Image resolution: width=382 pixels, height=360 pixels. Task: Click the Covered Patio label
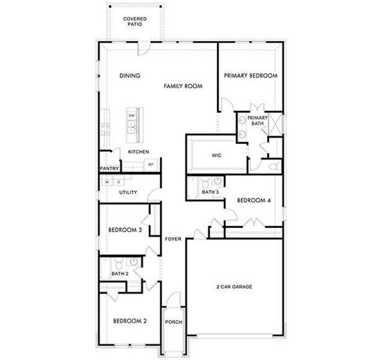pos(135,22)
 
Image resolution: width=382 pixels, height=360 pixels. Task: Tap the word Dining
pos(130,76)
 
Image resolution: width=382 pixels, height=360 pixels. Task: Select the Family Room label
pos(183,86)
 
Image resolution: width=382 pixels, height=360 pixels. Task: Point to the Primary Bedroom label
pos(250,76)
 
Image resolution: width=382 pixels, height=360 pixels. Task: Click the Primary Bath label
pos(258,121)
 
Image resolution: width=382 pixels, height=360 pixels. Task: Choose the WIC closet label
pos(217,155)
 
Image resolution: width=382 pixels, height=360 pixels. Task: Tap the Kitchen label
pos(139,152)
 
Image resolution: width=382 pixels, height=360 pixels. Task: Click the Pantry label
pos(109,169)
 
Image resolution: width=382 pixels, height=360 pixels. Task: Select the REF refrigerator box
pos(151,164)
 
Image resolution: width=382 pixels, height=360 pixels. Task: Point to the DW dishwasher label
pos(130,115)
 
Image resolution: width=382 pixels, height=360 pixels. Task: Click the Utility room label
pos(128,193)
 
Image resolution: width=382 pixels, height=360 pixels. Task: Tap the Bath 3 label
pos(210,193)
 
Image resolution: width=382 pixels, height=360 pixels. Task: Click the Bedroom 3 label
pos(124,230)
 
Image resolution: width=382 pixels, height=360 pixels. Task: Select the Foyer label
pos(174,239)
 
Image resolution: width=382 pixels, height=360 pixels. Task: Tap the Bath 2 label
pos(120,274)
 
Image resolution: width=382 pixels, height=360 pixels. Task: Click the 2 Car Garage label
pos(234,287)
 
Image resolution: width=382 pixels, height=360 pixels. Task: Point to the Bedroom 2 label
pos(130,321)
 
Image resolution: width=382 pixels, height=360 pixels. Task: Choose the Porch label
pos(174,322)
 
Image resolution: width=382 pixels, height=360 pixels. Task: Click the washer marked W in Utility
pos(109,181)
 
